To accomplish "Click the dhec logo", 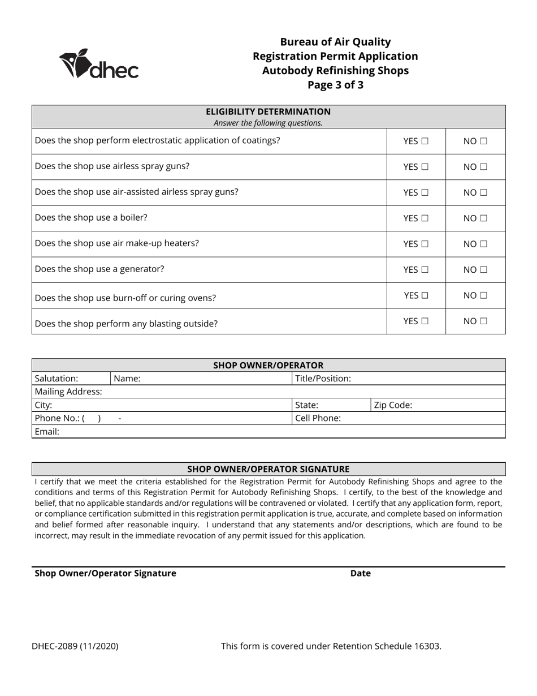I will click(x=99, y=64).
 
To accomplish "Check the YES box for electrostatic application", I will click(x=425, y=141).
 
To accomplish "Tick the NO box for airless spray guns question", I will click(x=483, y=167).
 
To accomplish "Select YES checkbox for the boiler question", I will click(x=425, y=218).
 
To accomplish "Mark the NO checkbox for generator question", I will click(x=483, y=270).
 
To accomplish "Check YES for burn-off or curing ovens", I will click(x=425, y=295).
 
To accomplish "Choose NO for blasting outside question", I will click(x=483, y=321).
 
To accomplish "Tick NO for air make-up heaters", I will click(x=483, y=244).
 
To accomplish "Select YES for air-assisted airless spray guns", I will click(x=425, y=193).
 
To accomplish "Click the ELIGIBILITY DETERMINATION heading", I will click(x=268, y=111).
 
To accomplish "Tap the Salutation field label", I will click(x=57, y=379).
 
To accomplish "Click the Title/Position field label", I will click(x=323, y=379).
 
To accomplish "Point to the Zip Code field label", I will click(x=393, y=405).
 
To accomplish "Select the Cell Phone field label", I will click(x=318, y=418).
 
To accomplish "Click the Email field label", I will click(x=47, y=432).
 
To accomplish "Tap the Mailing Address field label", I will click(x=68, y=392).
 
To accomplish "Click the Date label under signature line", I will click(x=360, y=573).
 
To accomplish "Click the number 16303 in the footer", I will click(x=427, y=646).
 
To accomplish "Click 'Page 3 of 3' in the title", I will click(x=335, y=85).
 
